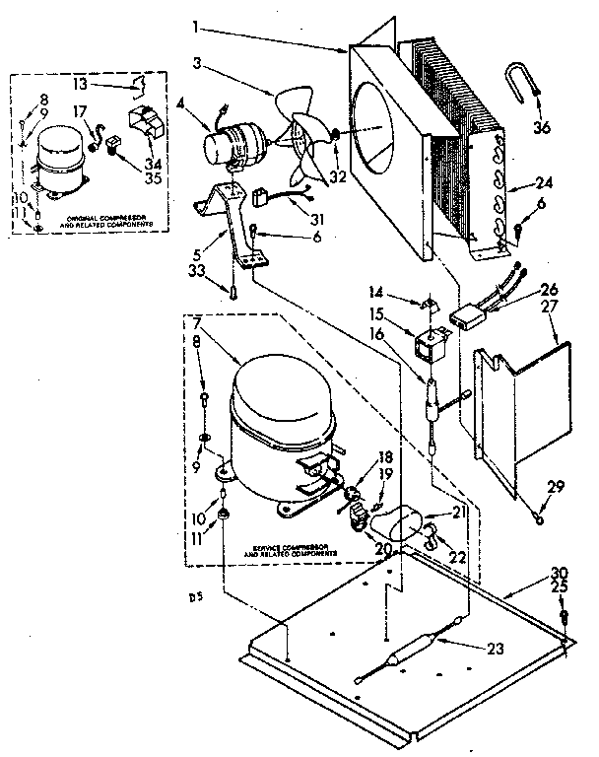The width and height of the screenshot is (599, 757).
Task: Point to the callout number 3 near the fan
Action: click(x=200, y=64)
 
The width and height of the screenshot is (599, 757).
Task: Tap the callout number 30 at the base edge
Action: click(x=561, y=571)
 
